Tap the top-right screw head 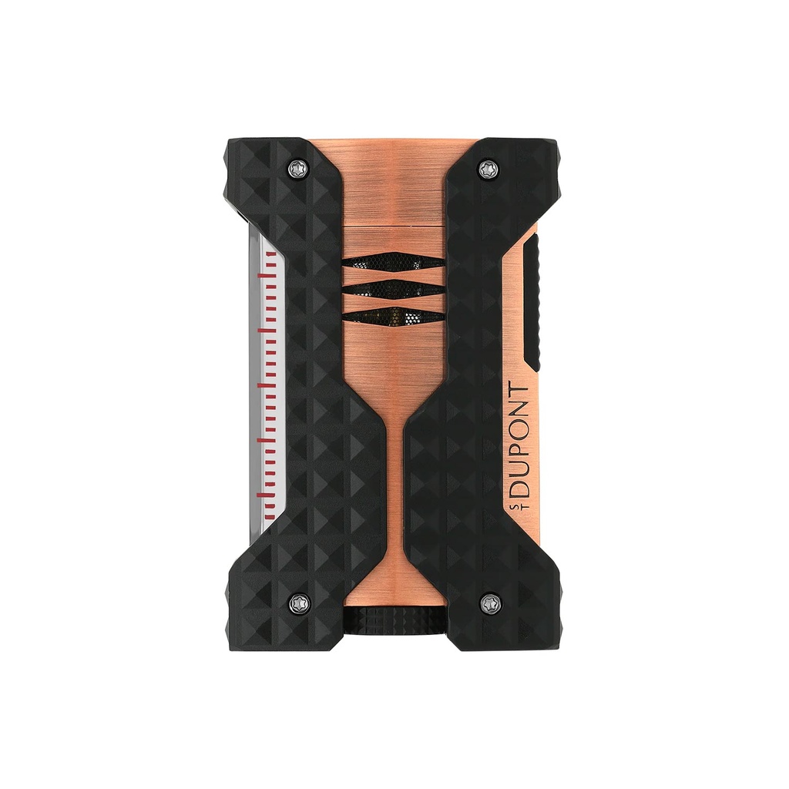[486, 169]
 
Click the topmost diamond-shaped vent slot [393, 263]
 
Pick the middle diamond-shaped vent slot [393, 289]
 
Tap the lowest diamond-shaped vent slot [393, 316]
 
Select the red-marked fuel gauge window [266, 385]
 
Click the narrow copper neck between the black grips [394, 462]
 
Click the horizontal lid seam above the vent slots [393, 229]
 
